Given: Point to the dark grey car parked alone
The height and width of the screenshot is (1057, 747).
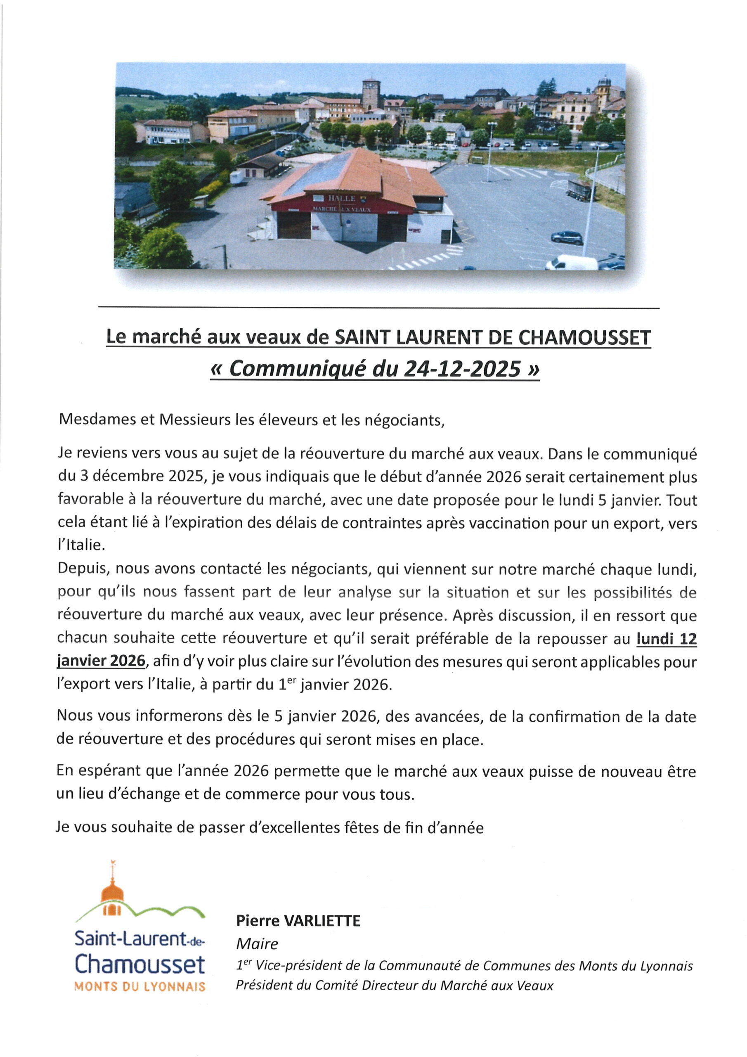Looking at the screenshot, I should (567, 237).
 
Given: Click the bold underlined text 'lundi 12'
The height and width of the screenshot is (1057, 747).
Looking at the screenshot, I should (666, 639).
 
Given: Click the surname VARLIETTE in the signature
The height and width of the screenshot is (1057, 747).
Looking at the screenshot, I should (322, 920).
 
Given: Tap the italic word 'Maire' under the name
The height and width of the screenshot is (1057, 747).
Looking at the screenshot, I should (257, 943).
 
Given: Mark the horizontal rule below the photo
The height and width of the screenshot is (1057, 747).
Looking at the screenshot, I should (379, 308).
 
